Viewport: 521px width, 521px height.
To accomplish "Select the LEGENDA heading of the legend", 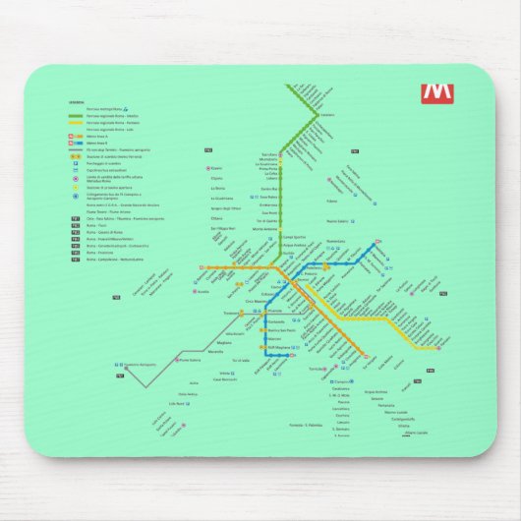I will pyautogui.click(x=76, y=101).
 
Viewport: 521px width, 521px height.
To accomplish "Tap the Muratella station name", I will pyautogui.click(x=215, y=351).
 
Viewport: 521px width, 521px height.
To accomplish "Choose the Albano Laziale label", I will pyautogui.click(x=415, y=433).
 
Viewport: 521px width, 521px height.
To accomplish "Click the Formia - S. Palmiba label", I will pyautogui.click(x=308, y=423).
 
